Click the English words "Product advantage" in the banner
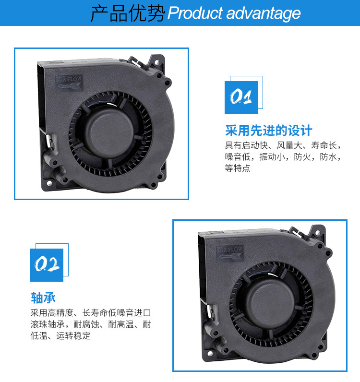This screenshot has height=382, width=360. point(234,13)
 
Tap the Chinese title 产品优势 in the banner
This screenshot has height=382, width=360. point(128,13)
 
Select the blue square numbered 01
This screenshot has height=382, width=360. point(241,97)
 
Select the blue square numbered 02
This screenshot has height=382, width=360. point(47,265)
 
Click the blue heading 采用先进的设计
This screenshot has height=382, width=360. point(269,131)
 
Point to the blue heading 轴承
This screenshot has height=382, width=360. point(43,298)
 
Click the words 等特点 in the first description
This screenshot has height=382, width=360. point(238,168)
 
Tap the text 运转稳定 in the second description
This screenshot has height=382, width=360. point(73,336)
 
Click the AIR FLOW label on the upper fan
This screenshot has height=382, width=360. point(70,83)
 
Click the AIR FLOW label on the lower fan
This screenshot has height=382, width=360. point(230,253)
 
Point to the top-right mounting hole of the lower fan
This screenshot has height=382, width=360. point(317,233)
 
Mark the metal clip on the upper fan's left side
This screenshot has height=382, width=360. point(51,141)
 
